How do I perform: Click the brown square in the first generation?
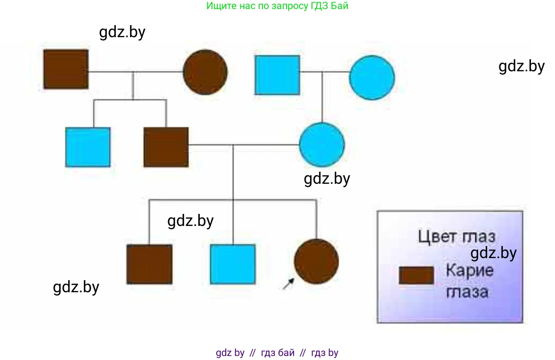click(66, 69)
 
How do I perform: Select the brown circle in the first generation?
click(205, 72)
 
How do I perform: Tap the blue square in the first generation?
click(277, 75)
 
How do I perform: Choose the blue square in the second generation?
click(88, 147)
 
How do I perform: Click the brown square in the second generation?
click(166, 147)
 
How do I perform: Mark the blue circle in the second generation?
click(322, 145)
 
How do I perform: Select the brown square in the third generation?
click(149, 264)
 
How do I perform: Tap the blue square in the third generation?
click(233, 264)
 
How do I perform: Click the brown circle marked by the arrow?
click(316, 262)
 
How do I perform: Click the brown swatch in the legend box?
click(416, 276)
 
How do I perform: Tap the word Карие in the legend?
click(469, 271)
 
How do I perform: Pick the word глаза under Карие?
click(467, 291)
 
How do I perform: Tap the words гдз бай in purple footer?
click(277, 352)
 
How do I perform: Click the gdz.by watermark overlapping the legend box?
click(493, 253)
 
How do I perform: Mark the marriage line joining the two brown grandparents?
click(135, 72)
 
